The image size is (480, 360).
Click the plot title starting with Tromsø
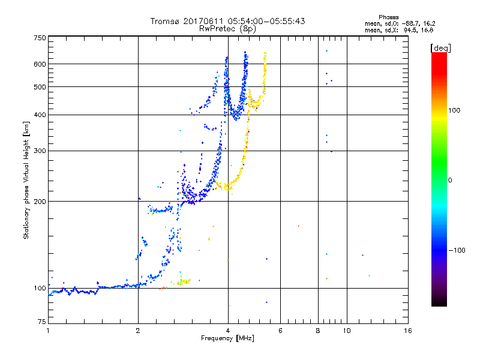click(x=227, y=21)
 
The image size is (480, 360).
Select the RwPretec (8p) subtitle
click(x=227, y=28)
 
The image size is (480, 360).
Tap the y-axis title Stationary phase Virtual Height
click(x=26, y=180)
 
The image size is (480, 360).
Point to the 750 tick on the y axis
click(x=40, y=38)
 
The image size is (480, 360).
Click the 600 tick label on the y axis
click(x=40, y=64)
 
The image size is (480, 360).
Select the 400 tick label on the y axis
click(x=40, y=115)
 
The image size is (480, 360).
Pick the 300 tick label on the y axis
click(x=40, y=151)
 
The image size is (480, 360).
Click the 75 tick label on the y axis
click(x=41, y=324)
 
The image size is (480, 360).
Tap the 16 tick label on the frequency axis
click(x=407, y=331)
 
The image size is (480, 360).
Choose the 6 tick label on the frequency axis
click(x=281, y=331)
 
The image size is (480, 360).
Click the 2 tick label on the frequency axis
click(x=138, y=331)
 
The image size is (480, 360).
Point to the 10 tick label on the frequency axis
click(x=346, y=331)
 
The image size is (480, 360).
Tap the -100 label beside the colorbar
click(x=457, y=250)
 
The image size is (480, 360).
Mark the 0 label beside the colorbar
click(x=451, y=180)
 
